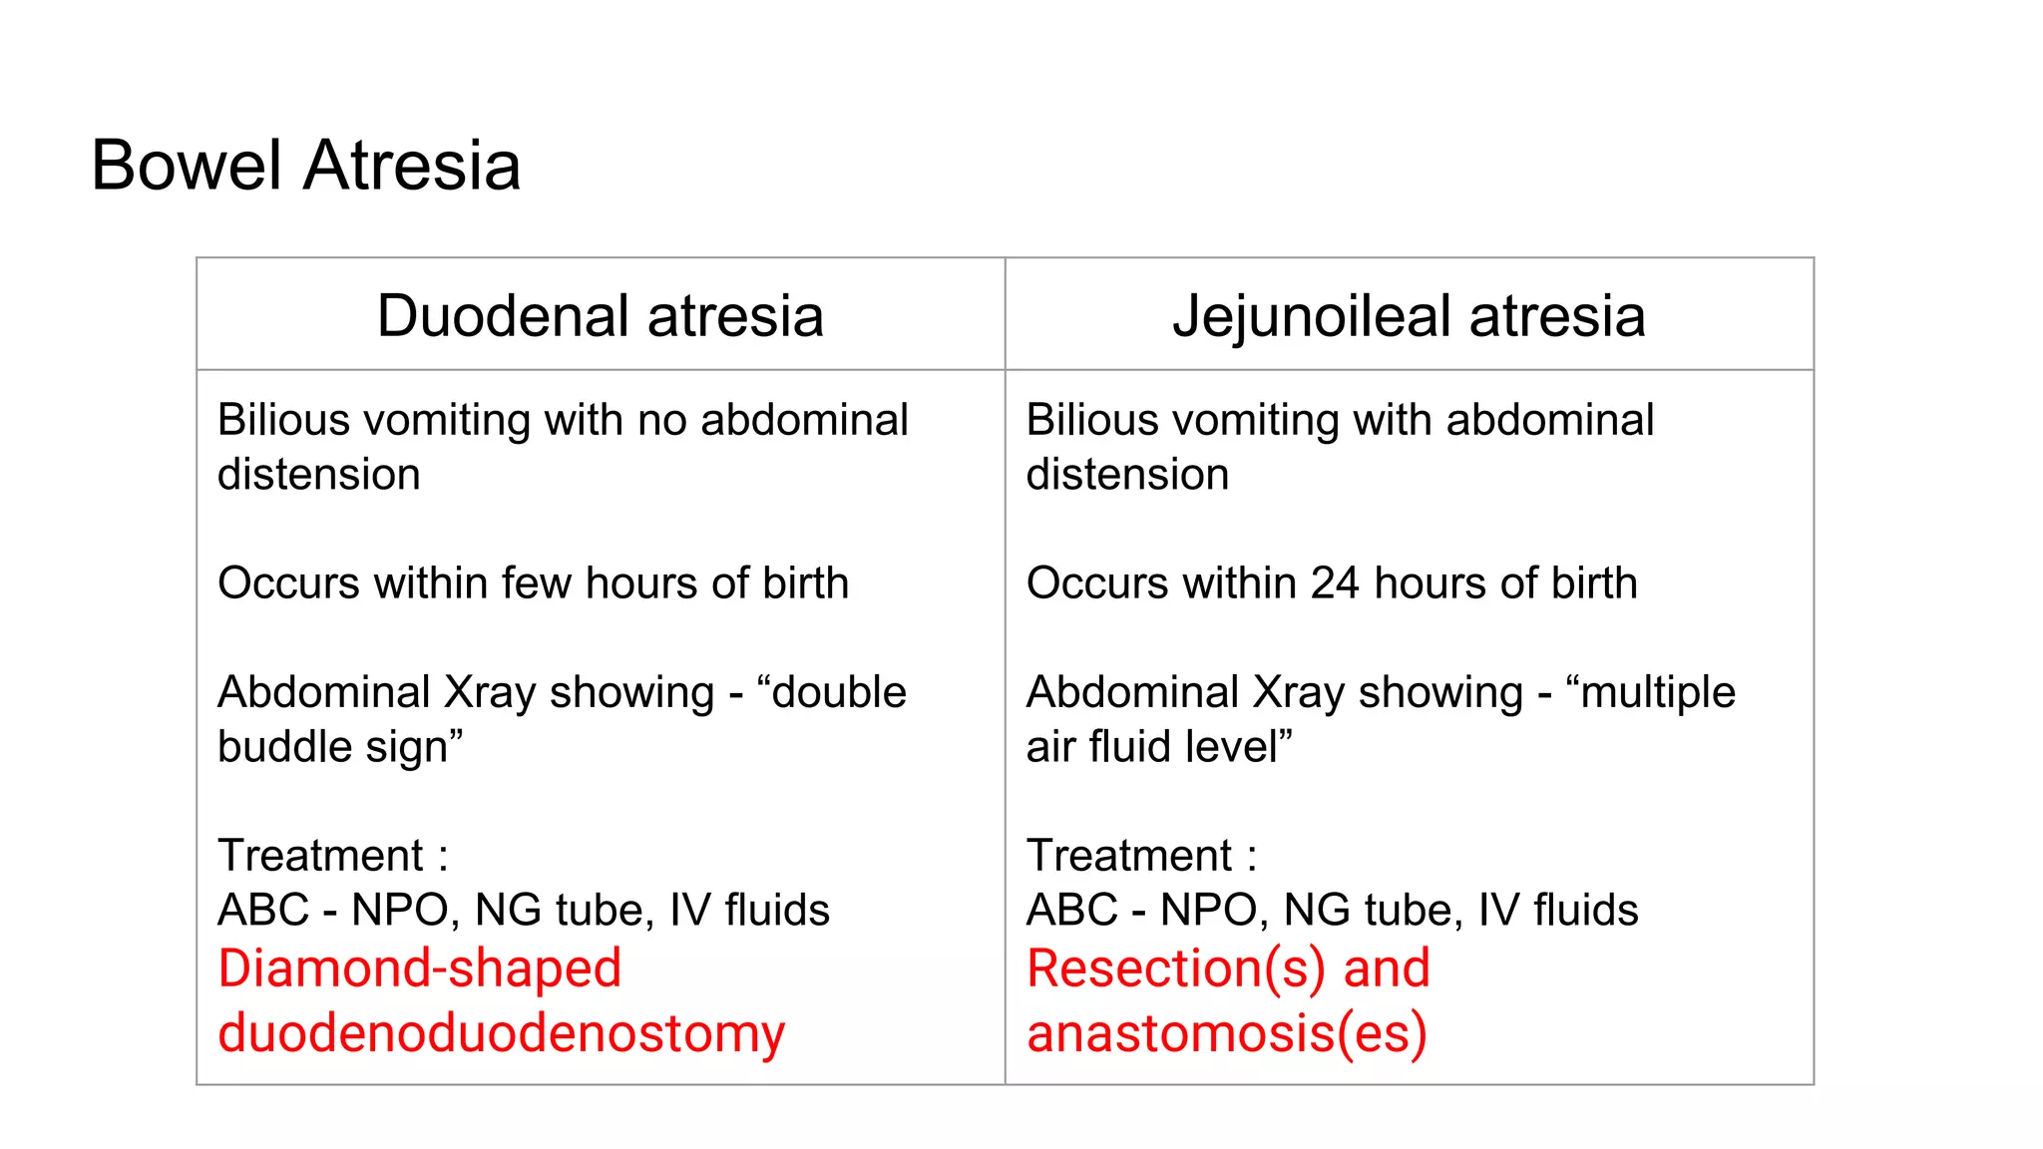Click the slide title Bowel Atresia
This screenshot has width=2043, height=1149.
click(305, 166)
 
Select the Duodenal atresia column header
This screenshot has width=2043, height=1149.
click(601, 316)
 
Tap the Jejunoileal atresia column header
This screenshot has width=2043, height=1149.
click(1409, 316)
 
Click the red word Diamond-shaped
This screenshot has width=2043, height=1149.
click(420, 969)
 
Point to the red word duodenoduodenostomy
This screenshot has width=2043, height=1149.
click(502, 1033)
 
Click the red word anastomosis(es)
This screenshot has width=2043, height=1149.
click(1227, 1033)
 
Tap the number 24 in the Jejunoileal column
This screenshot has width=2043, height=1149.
click(1335, 583)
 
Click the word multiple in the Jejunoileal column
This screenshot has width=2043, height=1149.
click(1658, 692)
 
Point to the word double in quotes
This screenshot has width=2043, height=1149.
click(839, 692)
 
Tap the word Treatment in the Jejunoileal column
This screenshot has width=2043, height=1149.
click(1129, 856)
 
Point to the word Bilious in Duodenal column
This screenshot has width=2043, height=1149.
click(273, 420)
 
